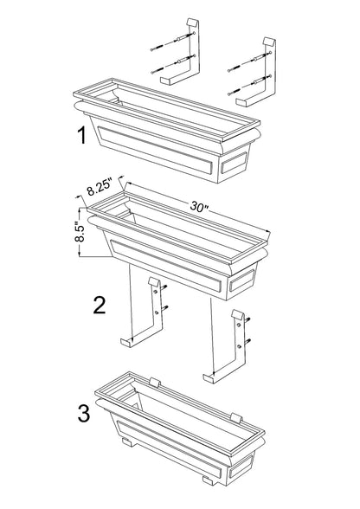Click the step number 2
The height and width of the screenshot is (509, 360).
click(99, 304)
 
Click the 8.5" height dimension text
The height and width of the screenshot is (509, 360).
click(79, 229)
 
